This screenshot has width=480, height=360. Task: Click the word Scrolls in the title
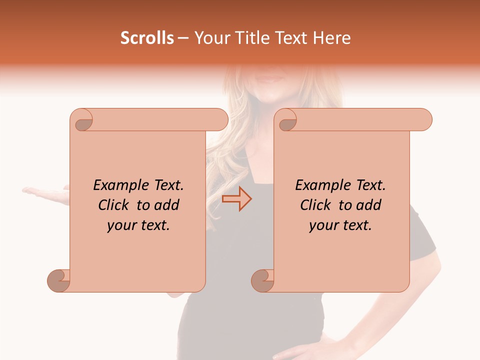click(x=147, y=38)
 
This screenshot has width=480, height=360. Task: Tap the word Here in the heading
click(x=332, y=38)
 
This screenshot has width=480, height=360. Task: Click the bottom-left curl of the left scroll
click(x=58, y=280)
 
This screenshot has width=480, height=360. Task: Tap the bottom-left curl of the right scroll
click(x=262, y=280)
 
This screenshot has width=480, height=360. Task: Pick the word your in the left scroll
click(x=120, y=225)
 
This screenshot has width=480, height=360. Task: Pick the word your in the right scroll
click(x=322, y=225)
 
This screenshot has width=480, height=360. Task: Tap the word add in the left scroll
click(x=166, y=205)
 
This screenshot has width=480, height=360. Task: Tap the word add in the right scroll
click(x=368, y=205)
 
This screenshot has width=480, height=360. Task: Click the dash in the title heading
click(x=183, y=38)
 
